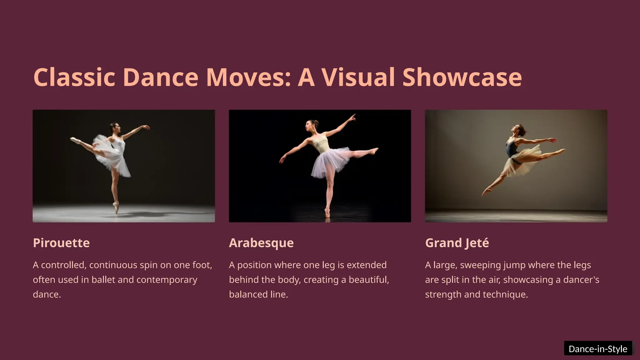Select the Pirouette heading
[x=61, y=243]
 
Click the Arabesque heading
[x=261, y=243]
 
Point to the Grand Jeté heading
[x=457, y=243]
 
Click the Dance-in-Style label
[x=598, y=349]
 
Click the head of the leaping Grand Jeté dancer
[x=517, y=129]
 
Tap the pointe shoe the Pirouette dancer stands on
[x=116, y=207]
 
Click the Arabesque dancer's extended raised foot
[x=374, y=151]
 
